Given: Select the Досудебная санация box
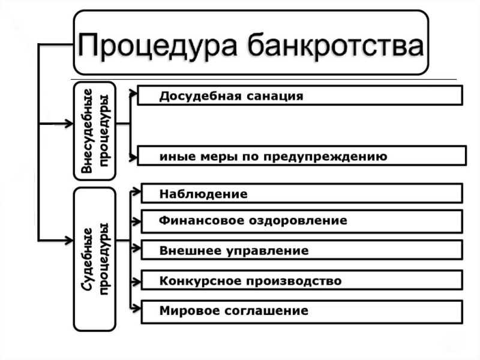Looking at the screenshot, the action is pyautogui.click(x=300, y=95).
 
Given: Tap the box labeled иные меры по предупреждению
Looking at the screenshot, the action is pyautogui.click(x=302, y=156).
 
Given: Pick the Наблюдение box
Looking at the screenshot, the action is pyautogui.click(x=302, y=193).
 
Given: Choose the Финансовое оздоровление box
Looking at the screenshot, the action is pyautogui.click(x=302, y=221).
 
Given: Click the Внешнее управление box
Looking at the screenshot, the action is pyautogui.click(x=302, y=250).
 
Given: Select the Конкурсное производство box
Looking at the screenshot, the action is pyautogui.click(x=302, y=280).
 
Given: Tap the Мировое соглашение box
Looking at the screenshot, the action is pyautogui.click(x=302, y=312).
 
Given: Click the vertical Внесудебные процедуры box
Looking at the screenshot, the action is pyautogui.click(x=95, y=131).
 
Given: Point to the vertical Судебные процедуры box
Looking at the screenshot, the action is pyautogui.click(x=95, y=259).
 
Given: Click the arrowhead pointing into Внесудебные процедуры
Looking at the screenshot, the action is pyautogui.click(x=69, y=124).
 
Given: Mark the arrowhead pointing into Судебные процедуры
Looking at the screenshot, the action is pyautogui.click(x=69, y=241).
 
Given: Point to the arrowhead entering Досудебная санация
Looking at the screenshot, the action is pyautogui.click(x=133, y=94).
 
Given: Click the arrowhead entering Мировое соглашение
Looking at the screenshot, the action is pyautogui.click(x=137, y=308).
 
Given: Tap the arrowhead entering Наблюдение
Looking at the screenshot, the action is pyautogui.click(x=137, y=192).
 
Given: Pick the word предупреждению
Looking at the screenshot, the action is pyautogui.click(x=325, y=157).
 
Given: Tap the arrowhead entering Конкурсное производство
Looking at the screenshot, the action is pyautogui.click(x=137, y=281).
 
